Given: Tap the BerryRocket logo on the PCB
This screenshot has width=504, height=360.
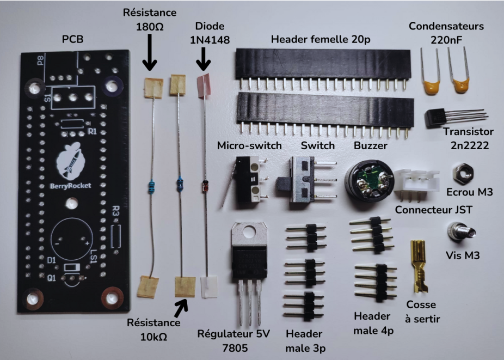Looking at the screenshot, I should [x=69, y=166].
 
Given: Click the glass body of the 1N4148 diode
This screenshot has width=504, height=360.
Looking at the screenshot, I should [x=205, y=184].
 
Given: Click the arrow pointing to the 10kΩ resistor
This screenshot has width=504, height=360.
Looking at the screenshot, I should [x=182, y=307].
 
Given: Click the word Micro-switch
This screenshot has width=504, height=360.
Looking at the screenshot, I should [x=249, y=146].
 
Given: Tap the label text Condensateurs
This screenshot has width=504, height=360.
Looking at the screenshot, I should [x=446, y=26].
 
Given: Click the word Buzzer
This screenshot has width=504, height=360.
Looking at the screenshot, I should [x=370, y=146].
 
